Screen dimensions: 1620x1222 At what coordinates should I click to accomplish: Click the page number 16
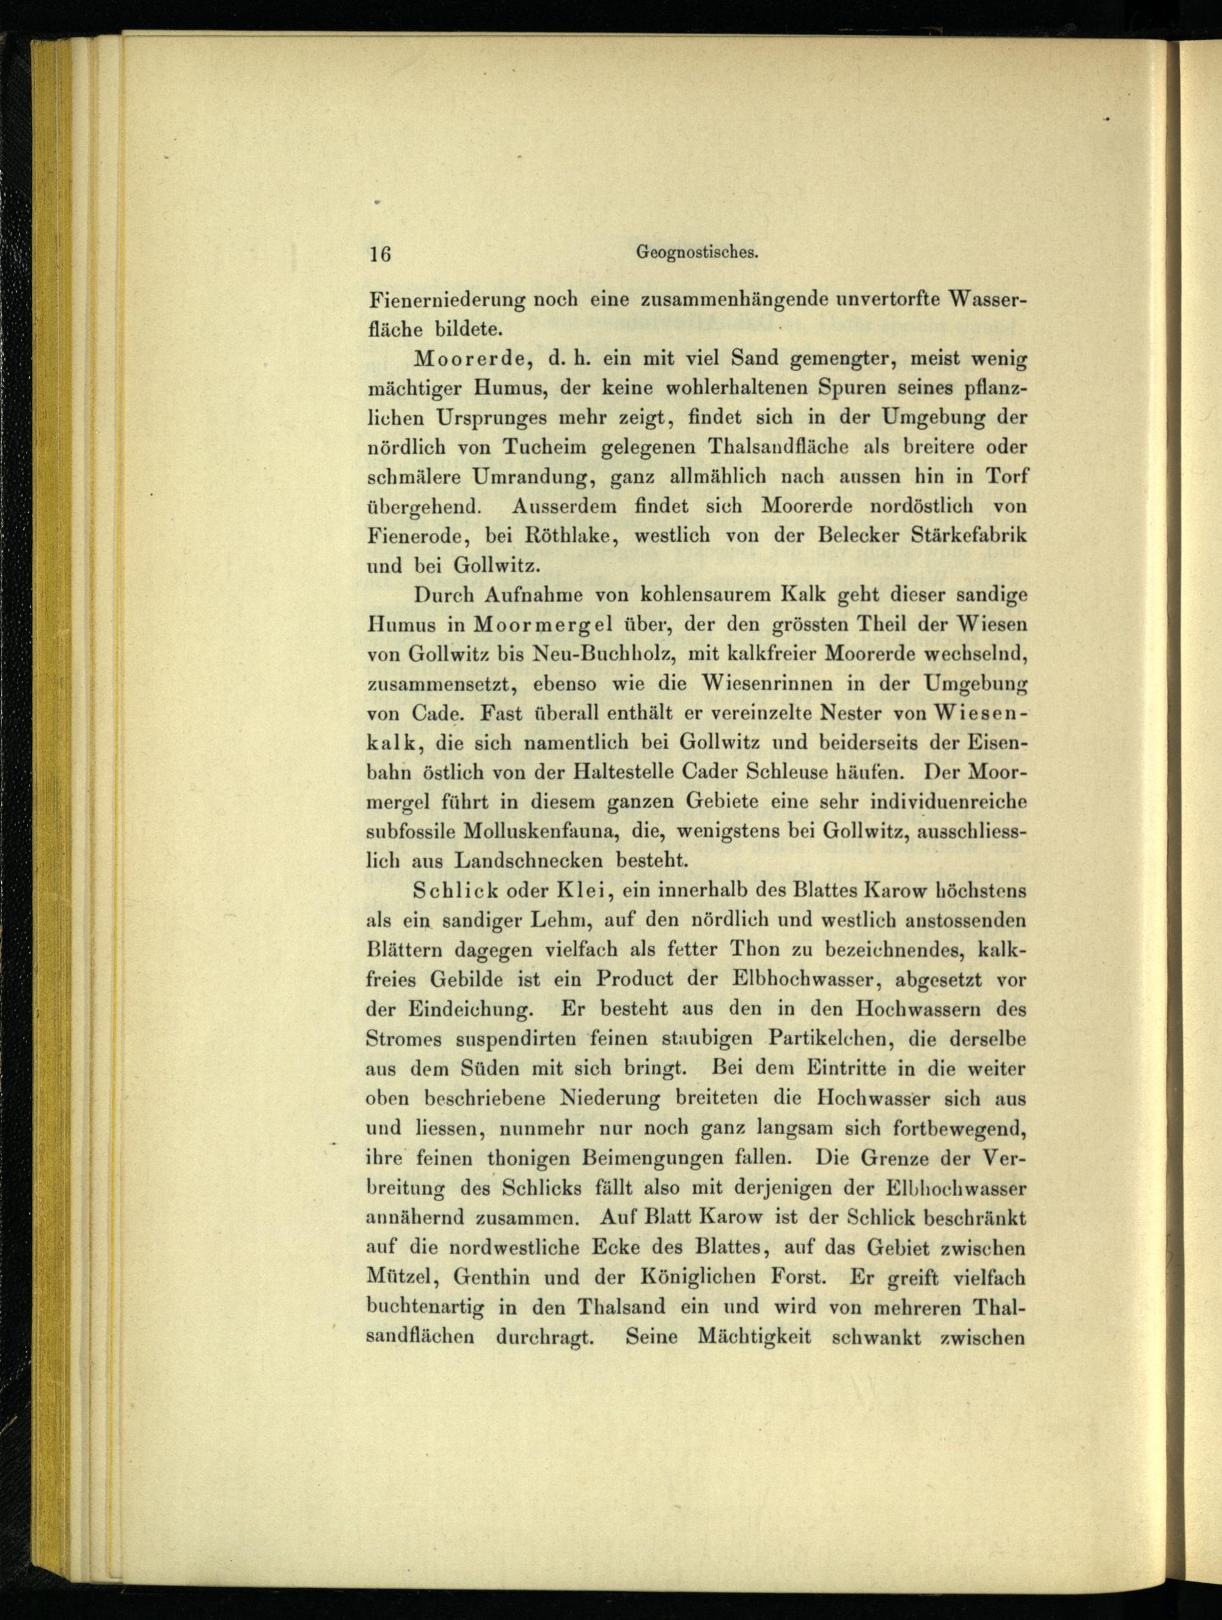pyautogui.click(x=380, y=254)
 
